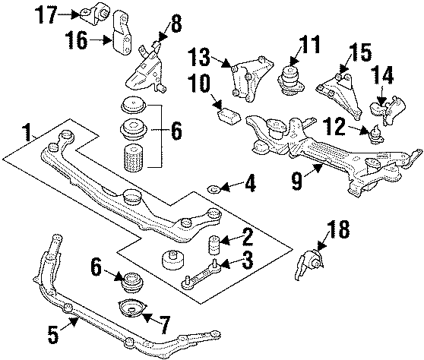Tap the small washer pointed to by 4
215,188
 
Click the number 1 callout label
28,134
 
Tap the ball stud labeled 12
373,134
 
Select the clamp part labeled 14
384,109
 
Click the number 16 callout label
77,39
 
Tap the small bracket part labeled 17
100,14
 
